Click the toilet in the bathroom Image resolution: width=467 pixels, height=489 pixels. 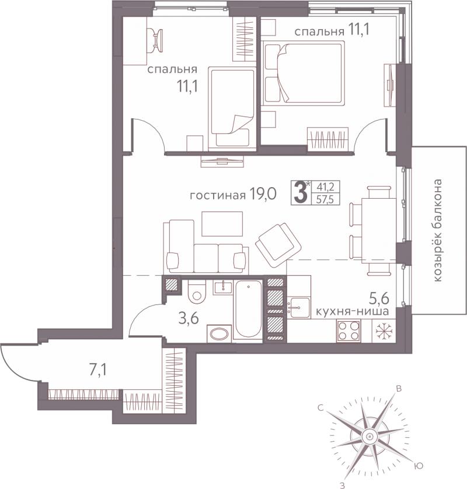(x=197, y=291)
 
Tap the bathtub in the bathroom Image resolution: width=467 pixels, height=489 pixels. (x=248, y=309)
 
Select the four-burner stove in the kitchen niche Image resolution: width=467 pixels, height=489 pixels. (x=348, y=330)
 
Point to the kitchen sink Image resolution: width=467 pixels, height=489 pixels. (x=299, y=307)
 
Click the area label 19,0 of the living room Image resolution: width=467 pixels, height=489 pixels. (x=263, y=195)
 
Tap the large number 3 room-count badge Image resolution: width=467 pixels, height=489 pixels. (x=300, y=193)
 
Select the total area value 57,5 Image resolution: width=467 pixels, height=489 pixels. (x=325, y=199)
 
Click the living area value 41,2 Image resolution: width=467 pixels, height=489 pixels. (x=326, y=187)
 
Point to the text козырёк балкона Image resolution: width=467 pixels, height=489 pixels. (x=438, y=230)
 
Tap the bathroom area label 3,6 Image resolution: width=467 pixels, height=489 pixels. (x=189, y=318)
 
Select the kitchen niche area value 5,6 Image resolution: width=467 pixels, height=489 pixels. (x=379, y=299)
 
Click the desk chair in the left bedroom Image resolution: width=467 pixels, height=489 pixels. (x=155, y=40)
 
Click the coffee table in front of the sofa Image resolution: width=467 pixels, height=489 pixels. (x=222, y=224)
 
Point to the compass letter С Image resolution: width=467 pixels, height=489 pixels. (x=320, y=407)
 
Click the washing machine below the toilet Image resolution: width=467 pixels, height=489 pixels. (x=219, y=334)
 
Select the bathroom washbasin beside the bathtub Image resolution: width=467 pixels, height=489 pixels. (x=223, y=287)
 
